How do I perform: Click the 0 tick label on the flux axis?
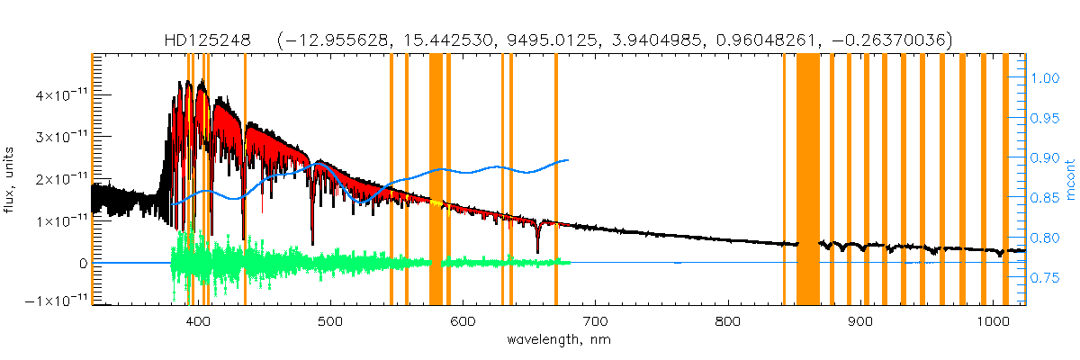[x=82, y=263]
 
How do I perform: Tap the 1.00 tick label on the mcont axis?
[x=1046, y=78]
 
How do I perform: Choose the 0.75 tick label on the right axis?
[x=1046, y=279]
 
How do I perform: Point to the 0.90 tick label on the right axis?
[x=1046, y=158]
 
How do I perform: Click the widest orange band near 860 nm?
[x=807, y=180]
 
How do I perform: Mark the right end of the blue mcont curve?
[x=567, y=160]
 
